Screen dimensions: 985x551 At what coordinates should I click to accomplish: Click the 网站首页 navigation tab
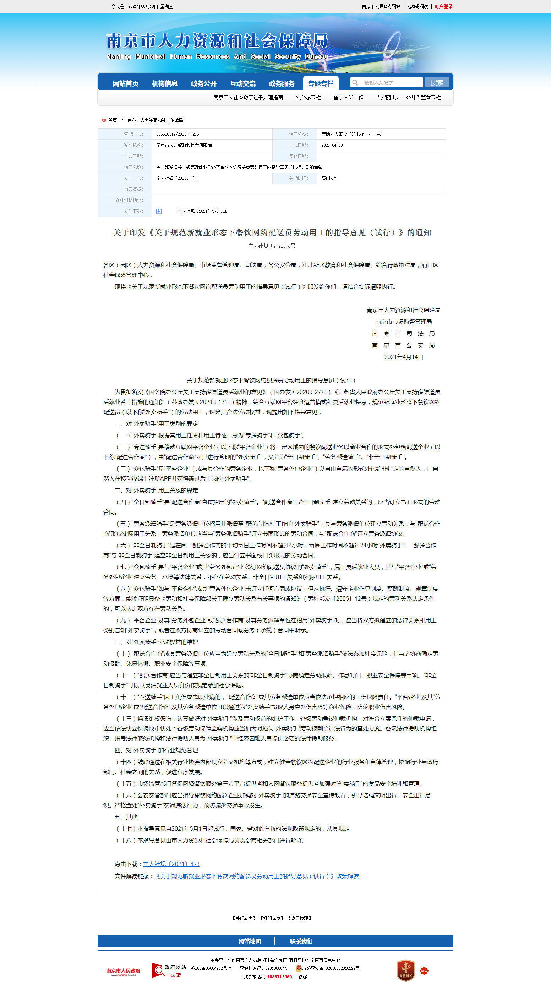[125, 83]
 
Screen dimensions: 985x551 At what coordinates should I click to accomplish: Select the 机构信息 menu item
[164, 83]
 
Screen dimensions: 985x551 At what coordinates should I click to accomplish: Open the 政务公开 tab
[203, 83]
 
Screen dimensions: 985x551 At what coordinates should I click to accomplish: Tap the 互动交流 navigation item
[242, 83]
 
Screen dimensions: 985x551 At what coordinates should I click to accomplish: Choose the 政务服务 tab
[282, 83]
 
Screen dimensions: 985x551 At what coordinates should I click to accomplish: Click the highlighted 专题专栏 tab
[321, 83]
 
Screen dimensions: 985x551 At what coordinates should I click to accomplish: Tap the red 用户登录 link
[443, 6]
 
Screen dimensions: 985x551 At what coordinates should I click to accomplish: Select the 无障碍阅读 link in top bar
[417, 6]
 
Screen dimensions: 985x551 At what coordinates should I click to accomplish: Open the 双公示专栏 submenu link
[308, 98]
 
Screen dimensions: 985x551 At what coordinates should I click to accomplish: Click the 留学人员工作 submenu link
[348, 98]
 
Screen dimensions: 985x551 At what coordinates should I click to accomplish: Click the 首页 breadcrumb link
[113, 120]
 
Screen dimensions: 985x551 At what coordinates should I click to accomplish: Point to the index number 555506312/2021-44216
[178, 134]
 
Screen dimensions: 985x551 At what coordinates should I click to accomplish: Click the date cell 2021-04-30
[332, 145]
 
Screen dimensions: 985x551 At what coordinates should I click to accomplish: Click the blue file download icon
[159, 211]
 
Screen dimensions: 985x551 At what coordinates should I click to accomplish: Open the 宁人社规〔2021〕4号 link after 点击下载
[171, 864]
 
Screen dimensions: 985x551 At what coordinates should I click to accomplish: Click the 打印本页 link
[272, 918]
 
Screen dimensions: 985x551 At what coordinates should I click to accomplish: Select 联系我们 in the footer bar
[301, 941]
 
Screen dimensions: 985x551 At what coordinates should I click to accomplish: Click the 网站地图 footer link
[249, 941]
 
